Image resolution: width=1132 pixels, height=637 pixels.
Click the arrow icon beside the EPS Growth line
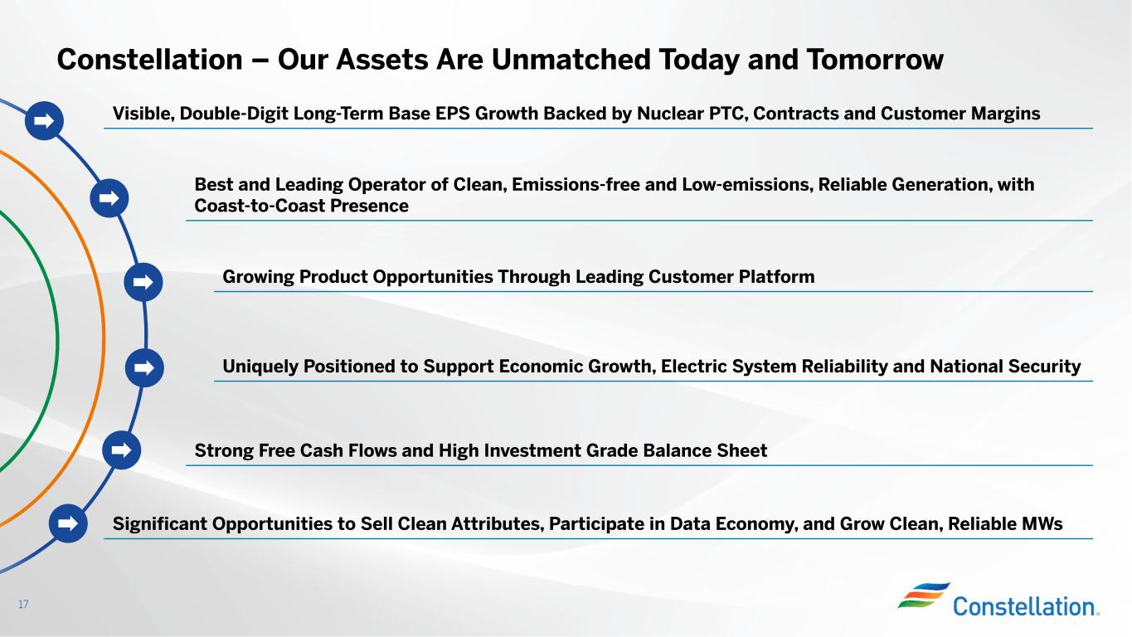44,121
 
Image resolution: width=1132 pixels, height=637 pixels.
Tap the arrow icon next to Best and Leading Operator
109,198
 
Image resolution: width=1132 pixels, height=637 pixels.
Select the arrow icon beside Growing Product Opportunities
143,282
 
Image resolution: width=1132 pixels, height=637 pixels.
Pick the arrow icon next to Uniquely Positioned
144,367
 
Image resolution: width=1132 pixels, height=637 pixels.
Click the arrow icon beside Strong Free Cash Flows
121,450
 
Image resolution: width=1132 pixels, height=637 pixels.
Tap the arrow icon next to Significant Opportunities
68,523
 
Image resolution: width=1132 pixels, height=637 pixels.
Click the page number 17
23,604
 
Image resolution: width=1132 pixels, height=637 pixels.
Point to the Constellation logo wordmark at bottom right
1026,606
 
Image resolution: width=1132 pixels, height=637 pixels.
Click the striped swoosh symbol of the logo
923,595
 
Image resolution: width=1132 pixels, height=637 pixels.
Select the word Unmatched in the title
571,59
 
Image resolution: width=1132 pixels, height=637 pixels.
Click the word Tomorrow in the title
875,59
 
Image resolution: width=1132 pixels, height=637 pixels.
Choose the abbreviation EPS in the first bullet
452,114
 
